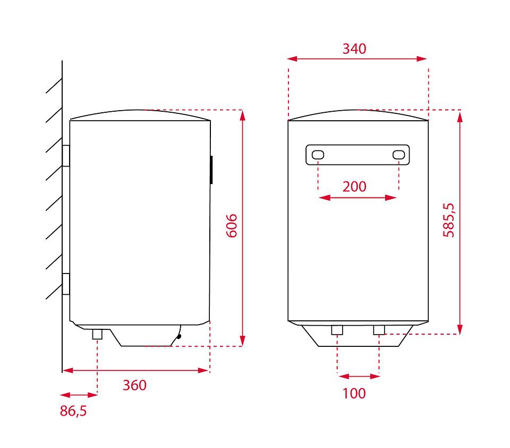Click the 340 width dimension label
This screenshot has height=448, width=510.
pos(354,49)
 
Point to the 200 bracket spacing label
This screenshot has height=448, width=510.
pos(354,187)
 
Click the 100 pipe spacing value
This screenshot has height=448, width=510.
pos(354,393)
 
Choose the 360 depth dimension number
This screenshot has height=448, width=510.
pos(134,385)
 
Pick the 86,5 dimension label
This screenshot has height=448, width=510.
pos(73,411)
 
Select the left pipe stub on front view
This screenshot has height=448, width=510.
pos(337,330)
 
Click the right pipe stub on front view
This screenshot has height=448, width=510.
pos(379,330)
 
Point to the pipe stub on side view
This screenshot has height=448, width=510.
pos(97,334)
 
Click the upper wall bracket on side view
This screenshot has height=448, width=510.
pos(66,155)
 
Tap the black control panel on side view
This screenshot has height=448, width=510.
pos(211,170)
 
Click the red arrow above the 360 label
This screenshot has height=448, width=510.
pos(135,370)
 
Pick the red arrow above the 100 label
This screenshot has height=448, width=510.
pos(359,376)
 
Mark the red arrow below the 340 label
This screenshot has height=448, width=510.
pos(357,59)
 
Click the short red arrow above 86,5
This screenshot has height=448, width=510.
pos(79,395)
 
